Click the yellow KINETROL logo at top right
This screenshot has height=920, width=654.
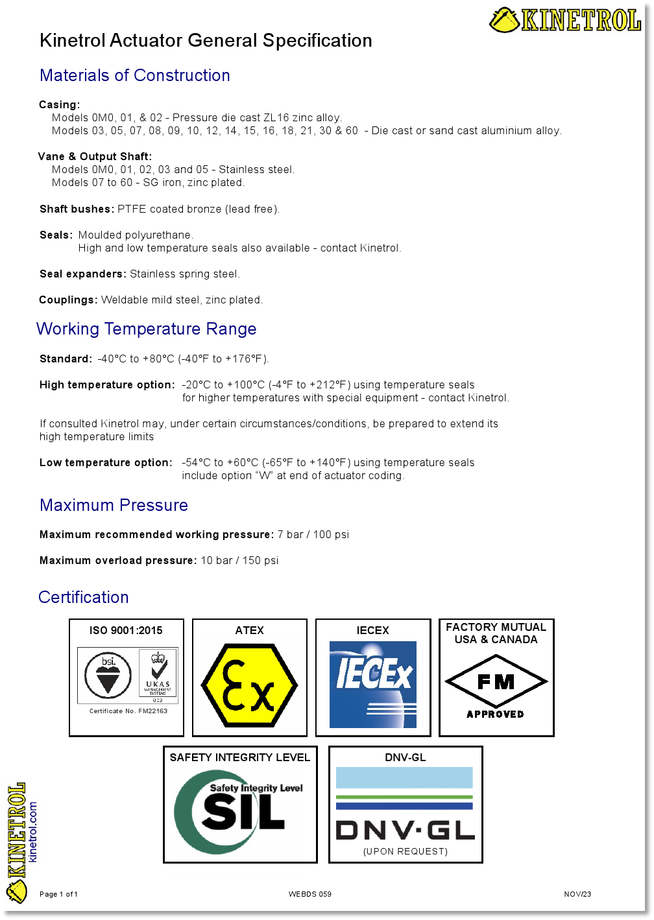click(x=565, y=20)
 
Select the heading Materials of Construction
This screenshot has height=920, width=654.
click(x=135, y=76)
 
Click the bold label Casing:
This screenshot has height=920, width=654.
click(x=60, y=105)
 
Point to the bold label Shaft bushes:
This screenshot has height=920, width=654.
click(x=77, y=209)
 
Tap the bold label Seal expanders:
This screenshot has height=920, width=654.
click(x=83, y=274)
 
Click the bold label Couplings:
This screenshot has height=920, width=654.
click(x=68, y=300)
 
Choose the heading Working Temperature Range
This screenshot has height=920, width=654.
click(x=147, y=329)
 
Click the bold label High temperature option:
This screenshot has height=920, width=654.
click(x=107, y=385)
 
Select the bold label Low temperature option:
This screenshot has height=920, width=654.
click(x=106, y=463)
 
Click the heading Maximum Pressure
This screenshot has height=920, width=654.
click(x=114, y=506)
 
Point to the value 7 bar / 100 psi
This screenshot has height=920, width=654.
click(x=313, y=535)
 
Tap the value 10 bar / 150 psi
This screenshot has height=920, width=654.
click(x=239, y=561)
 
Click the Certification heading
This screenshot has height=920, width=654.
click(x=84, y=598)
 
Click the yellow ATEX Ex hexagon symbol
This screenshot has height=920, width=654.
click(x=250, y=685)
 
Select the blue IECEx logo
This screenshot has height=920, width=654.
click(x=373, y=685)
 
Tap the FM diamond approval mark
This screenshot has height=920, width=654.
click(x=496, y=682)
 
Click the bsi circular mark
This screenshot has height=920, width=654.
click(x=108, y=675)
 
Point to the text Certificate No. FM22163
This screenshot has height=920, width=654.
click(x=128, y=711)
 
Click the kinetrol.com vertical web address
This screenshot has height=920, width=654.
click(x=33, y=832)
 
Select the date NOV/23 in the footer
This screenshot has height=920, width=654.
click(x=577, y=895)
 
